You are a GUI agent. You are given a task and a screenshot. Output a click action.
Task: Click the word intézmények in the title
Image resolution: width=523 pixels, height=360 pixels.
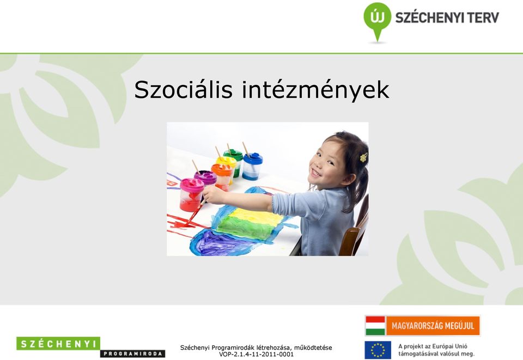[x=315, y=90]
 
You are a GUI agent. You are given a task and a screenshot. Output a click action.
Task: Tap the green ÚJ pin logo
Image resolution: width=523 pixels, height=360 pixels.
[x=377, y=21]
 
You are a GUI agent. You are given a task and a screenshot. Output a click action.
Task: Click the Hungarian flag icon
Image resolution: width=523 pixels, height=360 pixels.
[x=375, y=326]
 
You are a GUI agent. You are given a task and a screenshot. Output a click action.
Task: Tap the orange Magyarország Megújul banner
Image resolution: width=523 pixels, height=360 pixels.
[x=433, y=326]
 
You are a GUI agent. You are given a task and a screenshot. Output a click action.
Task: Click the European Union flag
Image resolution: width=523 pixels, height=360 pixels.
[x=378, y=350]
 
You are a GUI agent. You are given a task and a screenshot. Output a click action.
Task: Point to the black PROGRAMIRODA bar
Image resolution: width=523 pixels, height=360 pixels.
[x=132, y=353]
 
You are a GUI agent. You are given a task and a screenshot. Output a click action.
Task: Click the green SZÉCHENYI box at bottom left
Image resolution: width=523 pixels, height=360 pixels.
[x=58, y=344]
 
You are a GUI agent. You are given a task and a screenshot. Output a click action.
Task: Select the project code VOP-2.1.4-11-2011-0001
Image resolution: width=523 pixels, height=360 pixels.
[x=256, y=355]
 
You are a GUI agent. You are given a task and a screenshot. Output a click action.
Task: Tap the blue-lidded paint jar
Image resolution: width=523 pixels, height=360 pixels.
[x=252, y=166]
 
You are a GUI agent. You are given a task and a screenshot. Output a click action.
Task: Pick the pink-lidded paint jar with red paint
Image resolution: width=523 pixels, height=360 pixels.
[x=191, y=194]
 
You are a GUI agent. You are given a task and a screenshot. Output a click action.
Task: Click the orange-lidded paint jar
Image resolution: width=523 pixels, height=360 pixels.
[x=222, y=176]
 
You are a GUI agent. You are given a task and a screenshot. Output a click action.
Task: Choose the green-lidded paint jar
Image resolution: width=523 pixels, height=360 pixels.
[x=234, y=162]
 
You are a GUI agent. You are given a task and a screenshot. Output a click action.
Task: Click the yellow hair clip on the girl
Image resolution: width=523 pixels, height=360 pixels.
[x=363, y=157]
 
